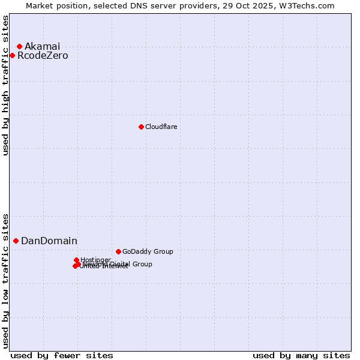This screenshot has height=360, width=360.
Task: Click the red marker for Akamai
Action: click(19, 46)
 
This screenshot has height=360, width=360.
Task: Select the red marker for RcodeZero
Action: click(12, 56)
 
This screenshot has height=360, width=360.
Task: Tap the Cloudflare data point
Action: click(141, 127)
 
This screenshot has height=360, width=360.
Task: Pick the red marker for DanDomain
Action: click(16, 241)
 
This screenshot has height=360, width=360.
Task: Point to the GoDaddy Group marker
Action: click(118, 251)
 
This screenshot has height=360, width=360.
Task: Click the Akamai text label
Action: click(42, 46)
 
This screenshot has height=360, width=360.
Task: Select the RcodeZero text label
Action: click(43, 56)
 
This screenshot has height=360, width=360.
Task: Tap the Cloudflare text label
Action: click(161, 127)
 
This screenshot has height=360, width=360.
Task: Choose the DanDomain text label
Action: click(49, 241)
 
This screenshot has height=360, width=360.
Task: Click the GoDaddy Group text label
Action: click(147, 251)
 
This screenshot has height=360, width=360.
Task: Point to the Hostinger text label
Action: click(95, 260)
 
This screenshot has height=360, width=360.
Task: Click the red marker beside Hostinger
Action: click(76, 260)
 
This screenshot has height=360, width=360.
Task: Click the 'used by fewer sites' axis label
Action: click(62, 355)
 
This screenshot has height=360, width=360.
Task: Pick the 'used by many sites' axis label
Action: click(301, 355)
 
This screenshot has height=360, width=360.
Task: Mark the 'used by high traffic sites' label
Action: click(5, 85)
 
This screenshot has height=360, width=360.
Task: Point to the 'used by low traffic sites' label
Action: click(5, 280)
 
